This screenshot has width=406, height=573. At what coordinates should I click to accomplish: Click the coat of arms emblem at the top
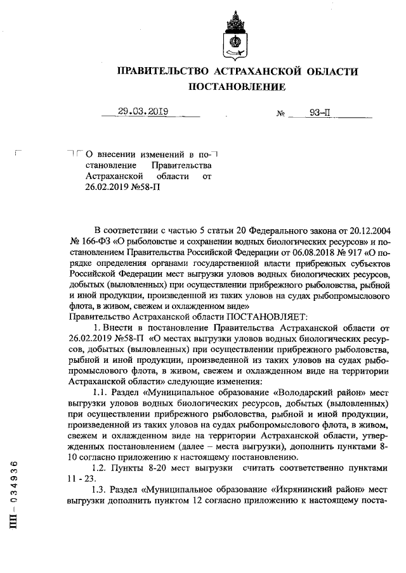233,35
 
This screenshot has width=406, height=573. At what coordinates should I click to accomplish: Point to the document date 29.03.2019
142,111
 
